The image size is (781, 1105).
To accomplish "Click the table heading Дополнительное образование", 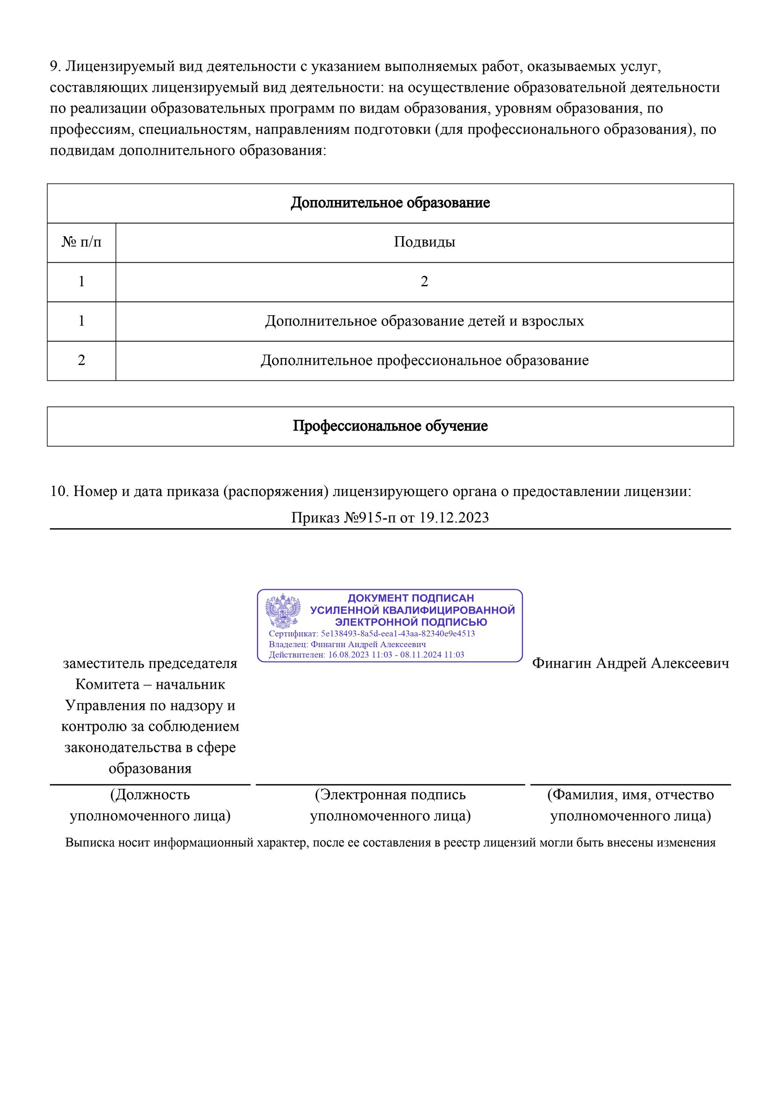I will point(390,203).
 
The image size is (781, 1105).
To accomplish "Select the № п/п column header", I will point(81,242).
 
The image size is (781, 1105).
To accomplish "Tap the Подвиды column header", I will point(424,242).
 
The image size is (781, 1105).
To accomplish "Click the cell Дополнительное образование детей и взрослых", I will point(424,321).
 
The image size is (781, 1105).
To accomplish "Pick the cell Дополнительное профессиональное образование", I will point(424,360).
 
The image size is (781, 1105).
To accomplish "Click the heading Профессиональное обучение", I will point(390,426).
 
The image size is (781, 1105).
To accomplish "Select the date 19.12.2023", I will point(454,518).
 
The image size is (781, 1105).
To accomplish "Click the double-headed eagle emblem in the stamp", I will point(283,611).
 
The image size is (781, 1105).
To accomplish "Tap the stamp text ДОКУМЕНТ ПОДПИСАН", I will point(410,598).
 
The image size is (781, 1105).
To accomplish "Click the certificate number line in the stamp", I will point(371,634).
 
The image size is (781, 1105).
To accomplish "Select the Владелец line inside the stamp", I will point(347,644).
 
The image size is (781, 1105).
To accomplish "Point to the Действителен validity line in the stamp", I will point(366,655).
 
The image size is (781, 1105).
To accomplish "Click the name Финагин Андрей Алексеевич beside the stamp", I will point(630,664).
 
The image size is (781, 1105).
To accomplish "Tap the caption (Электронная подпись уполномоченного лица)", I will point(390,805).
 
